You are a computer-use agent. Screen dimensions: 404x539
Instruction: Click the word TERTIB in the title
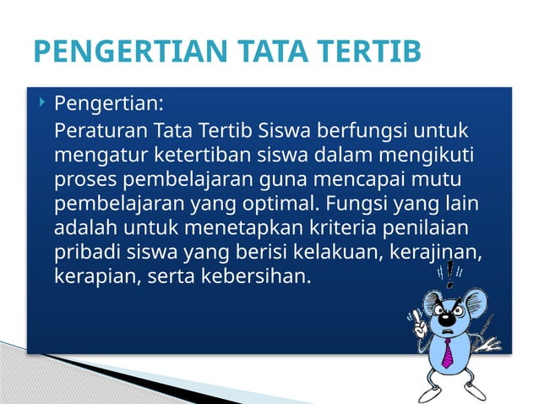click(373, 52)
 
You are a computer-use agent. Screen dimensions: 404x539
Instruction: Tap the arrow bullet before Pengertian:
click(42, 104)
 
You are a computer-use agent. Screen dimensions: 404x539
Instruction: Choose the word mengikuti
click(422, 156)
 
